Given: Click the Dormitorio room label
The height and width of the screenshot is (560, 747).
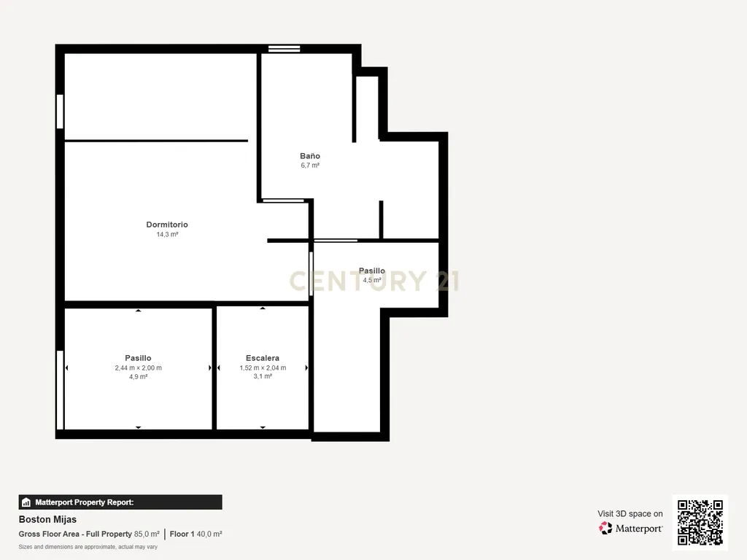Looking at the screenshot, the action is point(167,225).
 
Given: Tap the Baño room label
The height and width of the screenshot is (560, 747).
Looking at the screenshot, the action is point(309,156).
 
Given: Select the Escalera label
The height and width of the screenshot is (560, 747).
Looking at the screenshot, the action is point(263,358).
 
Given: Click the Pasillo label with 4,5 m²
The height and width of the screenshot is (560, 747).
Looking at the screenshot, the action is point(371,271).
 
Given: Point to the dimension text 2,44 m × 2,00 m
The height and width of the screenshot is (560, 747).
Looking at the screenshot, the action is point(138,367).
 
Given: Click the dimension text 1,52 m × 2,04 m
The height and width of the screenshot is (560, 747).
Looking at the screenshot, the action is point(263,367).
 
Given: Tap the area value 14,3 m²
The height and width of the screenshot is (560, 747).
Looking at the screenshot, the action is point(167,234).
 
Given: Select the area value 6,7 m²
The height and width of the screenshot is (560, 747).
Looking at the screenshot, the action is point(309,166).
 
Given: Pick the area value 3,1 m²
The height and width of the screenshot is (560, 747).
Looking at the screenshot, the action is point(263,376).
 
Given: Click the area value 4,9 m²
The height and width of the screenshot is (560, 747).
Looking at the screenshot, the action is point(138,377).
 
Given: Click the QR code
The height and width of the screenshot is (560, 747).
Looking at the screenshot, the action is point(700,522).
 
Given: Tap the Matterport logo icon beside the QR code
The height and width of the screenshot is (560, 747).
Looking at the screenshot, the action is point(605,528).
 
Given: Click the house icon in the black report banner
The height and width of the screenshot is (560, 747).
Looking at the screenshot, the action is point(26,502).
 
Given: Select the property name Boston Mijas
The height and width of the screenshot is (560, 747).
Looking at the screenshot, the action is point(47,519).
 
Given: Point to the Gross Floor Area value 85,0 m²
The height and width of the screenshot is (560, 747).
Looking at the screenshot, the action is point(147,534).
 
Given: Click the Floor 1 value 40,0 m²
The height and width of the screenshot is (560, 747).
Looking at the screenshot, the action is point(209,534).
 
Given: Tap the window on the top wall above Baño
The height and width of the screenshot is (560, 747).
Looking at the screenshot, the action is point(284,49).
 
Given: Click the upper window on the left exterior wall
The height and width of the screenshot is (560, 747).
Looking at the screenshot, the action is point(60,112).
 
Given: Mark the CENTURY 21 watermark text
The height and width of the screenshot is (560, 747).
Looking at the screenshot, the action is point(374,281).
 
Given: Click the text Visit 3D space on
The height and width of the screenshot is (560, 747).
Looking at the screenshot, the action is point(630,514).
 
